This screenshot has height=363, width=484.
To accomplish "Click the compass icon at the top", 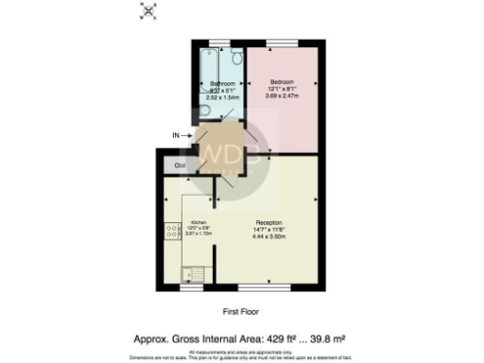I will pyautogui.click(x=147, y=10).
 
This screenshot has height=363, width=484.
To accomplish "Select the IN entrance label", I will pyautogui.click(x=175, y=136).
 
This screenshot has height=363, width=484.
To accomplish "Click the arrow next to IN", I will pyautogui.click(x=188, y=136).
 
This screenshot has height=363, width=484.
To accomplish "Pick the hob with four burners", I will pyautogui.click(x=172, y=230).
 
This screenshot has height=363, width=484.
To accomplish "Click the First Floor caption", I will pyautogui.click(x=241, y=311).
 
